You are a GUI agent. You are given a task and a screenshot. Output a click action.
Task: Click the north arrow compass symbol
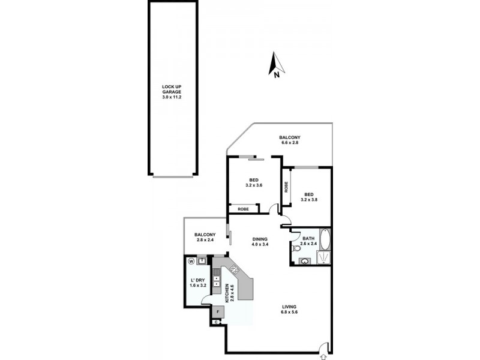click(x=275, y=65)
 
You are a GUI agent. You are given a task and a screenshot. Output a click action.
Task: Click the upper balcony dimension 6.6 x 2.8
click(x=290, y=142)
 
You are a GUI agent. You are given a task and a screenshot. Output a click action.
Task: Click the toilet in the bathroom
click(x=296, y=248)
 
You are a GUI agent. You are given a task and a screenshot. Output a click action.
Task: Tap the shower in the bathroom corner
click(x=323, y=258)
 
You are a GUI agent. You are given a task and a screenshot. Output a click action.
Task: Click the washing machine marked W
click(x=191, y=261)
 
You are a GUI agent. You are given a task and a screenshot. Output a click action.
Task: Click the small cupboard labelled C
click(x=217, y=323)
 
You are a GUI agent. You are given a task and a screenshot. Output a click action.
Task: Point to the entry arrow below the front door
click(x=325, y=356)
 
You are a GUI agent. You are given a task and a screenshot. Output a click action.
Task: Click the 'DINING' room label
click(x=260, y=239)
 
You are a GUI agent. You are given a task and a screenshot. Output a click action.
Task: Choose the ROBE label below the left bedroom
click(x=243, y=209)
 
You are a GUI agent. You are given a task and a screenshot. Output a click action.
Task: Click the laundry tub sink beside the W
click(x=202, y=260)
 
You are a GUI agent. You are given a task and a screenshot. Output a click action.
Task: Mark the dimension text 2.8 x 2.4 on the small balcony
click(x=205, y=240)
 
